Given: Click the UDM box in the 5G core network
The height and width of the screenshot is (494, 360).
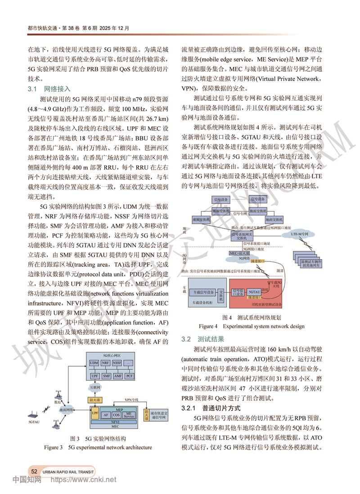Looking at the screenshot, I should tap(94, 363).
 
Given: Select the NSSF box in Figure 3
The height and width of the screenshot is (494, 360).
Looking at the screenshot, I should tap(117, 363).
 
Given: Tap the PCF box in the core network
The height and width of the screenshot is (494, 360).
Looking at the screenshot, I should tap(129, 375).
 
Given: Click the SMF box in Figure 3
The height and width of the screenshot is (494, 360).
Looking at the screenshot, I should tap(106, 375).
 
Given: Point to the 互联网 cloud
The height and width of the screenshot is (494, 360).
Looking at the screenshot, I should tap(94, 387).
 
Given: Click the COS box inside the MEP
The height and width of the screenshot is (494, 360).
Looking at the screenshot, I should tap(116, 415).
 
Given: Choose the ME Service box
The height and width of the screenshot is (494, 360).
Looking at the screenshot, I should tap(129, 415).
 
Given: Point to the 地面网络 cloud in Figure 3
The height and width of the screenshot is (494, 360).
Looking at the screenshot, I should tap(67, 410).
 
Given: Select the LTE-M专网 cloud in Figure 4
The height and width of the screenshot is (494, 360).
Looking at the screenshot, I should tap(299, 234).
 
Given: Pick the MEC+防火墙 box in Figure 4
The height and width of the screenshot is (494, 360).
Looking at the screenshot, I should tap(239, 253).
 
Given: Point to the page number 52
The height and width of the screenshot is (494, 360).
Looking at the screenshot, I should tap(34, 471).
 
